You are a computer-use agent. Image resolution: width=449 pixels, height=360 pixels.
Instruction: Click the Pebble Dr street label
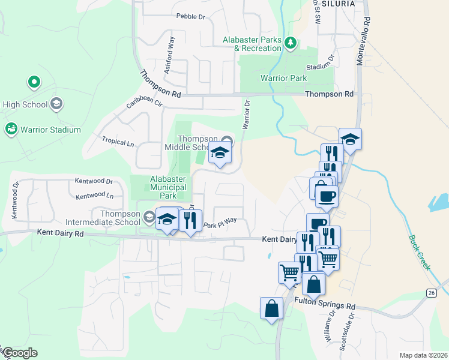(x=190, y=16)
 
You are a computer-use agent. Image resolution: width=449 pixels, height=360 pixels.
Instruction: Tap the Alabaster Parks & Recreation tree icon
(x=291, y=42)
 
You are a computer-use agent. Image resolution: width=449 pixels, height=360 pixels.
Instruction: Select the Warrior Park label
(x=283, y=78)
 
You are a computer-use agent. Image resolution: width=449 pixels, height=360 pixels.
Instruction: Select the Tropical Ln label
(x=118, y=142)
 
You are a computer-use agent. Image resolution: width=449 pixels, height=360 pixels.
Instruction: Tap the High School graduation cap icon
(x=56, y=104)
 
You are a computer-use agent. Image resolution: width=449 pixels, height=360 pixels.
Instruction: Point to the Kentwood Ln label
(x=95, y=196)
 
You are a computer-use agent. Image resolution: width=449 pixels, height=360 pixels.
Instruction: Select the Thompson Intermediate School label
(x=120, y=217)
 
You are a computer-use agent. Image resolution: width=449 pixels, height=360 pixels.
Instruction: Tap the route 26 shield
(x=431, y=292)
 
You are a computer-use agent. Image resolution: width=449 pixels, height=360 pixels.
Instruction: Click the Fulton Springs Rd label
(x=325, y=306)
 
